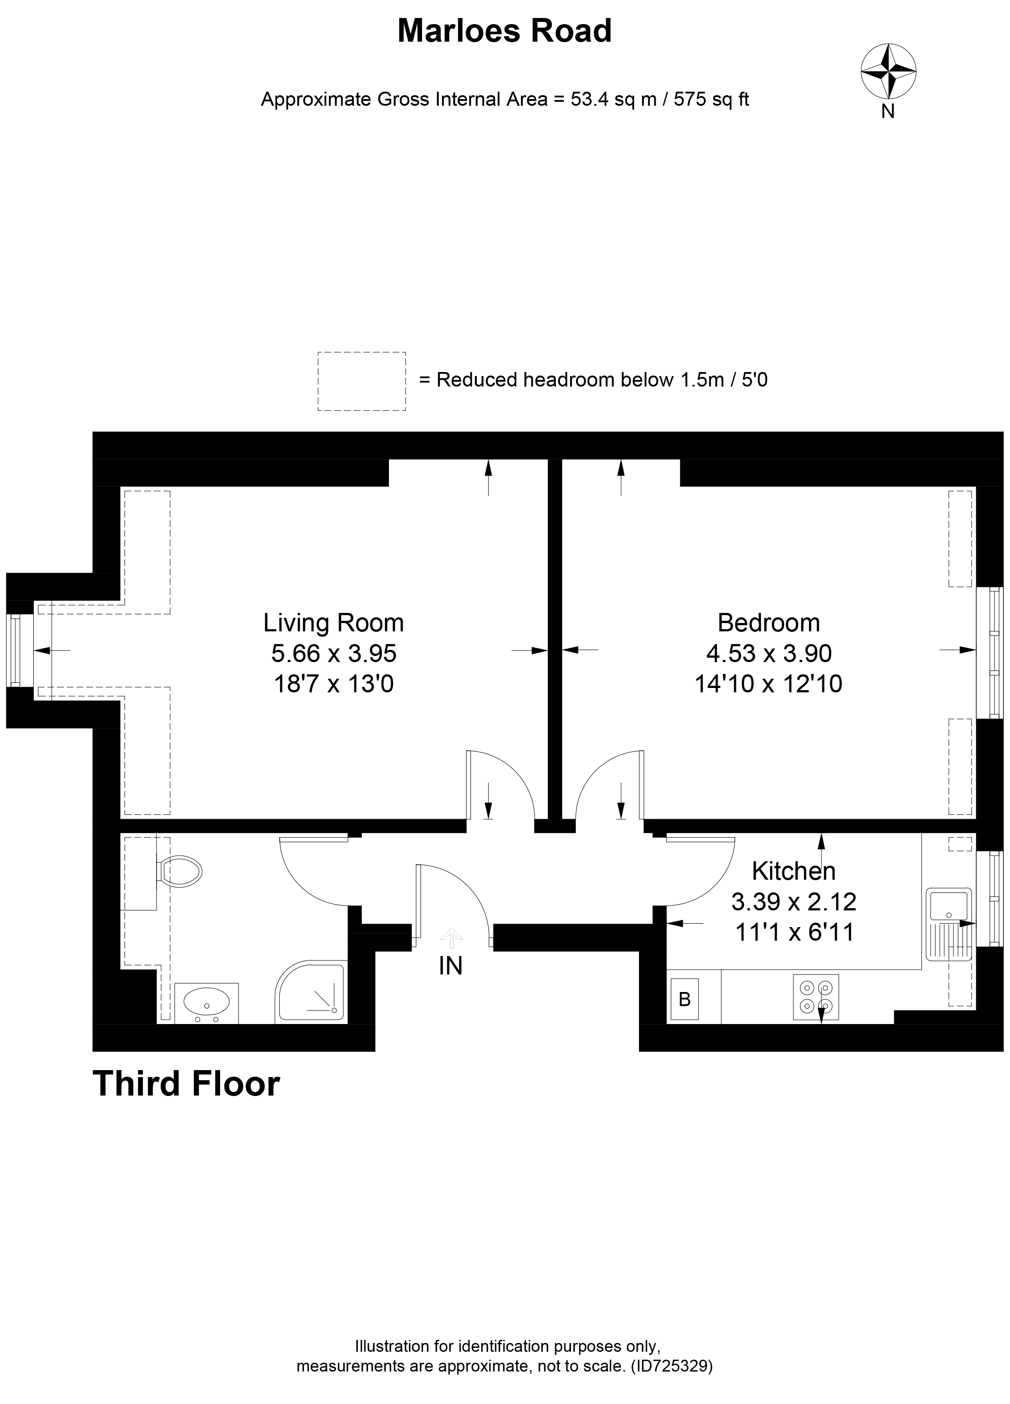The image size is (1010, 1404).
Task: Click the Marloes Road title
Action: [504, 31]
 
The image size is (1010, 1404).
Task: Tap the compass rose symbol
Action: [888, 71]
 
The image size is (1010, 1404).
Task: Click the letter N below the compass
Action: [888, 112]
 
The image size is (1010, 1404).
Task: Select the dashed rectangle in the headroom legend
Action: [361, 381]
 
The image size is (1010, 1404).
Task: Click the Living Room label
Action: [334, 623]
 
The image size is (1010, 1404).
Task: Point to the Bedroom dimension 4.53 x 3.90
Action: [769, 653]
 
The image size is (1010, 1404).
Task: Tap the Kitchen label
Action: [793, 871]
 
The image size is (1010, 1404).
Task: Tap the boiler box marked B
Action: [685, 999]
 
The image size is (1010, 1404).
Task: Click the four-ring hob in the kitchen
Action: [816, 997]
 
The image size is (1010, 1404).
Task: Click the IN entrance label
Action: [450, 966]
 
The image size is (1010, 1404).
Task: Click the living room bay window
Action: [14, 650]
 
